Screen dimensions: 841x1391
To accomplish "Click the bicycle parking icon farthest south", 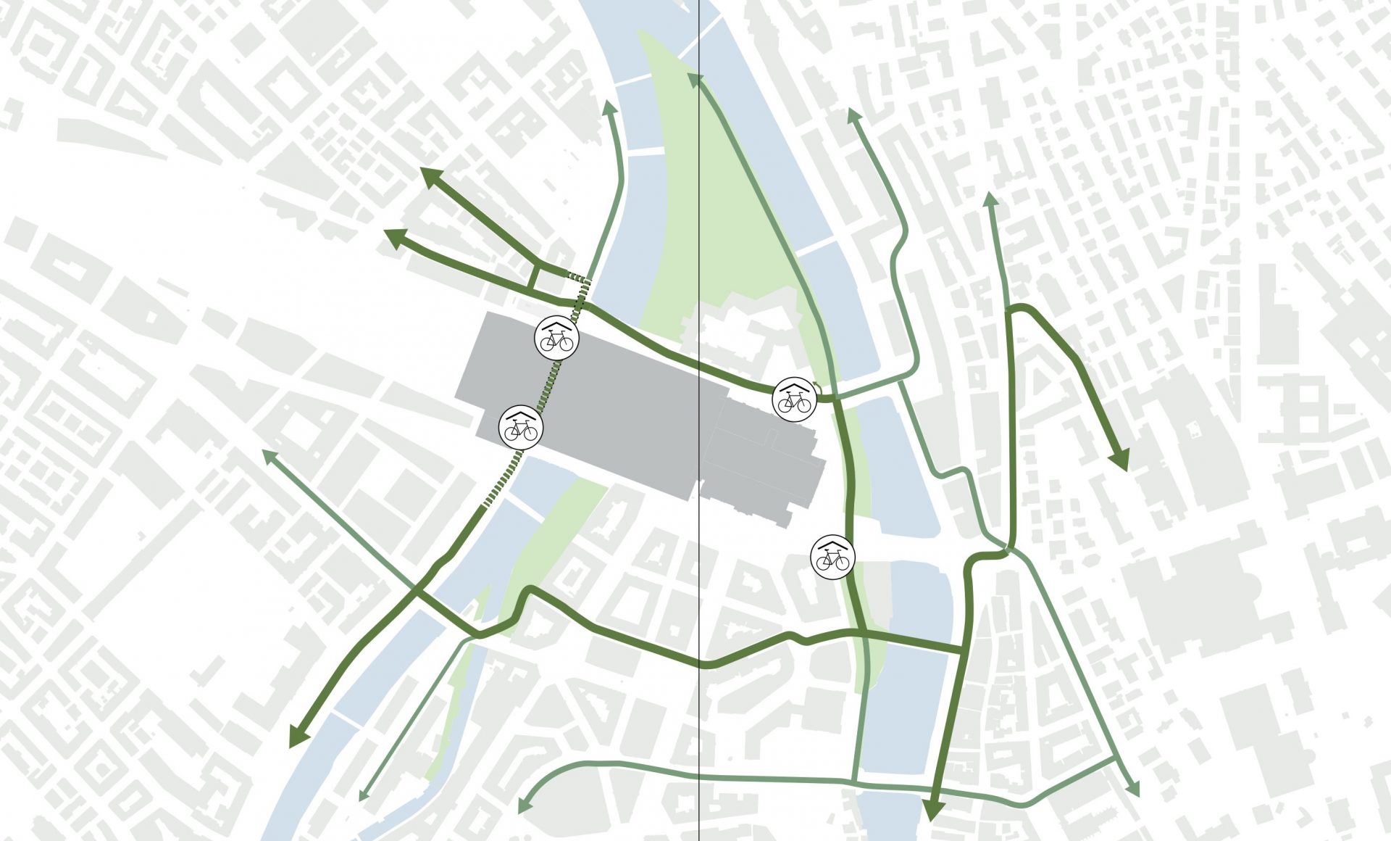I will click(x=832, y=557).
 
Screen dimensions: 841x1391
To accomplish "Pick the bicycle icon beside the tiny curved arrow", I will click(x=794, y=398).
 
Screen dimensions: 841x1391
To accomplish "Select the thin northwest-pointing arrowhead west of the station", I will click(x=267, y=455).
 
